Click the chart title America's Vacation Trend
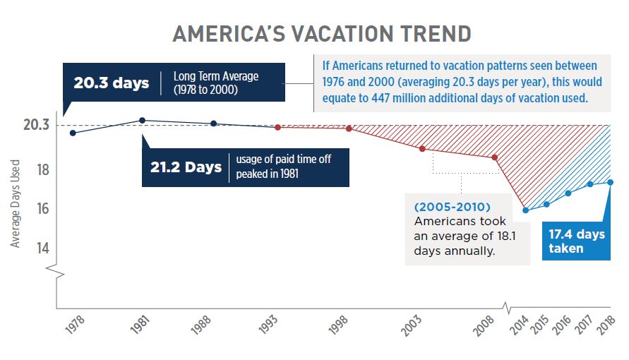(x=322, y=33)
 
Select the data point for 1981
(x=143, y=121)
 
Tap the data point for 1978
(x=73, y=133)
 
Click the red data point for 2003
(x=422, y=148)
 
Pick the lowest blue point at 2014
(x=525, y=210)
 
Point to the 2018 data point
(x=610, y=182)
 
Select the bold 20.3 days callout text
(x=112, y=83)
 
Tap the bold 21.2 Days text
(x=186, y=167)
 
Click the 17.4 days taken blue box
(x=577, y=241)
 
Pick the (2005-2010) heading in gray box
(x=453, y=207)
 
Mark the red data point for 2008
(x=495, y=157)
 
